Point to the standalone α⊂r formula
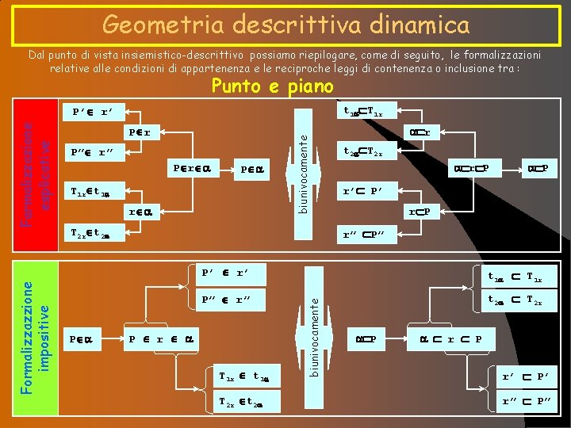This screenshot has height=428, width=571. coord(417,132)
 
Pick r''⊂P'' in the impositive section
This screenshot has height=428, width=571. coord(526,402)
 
